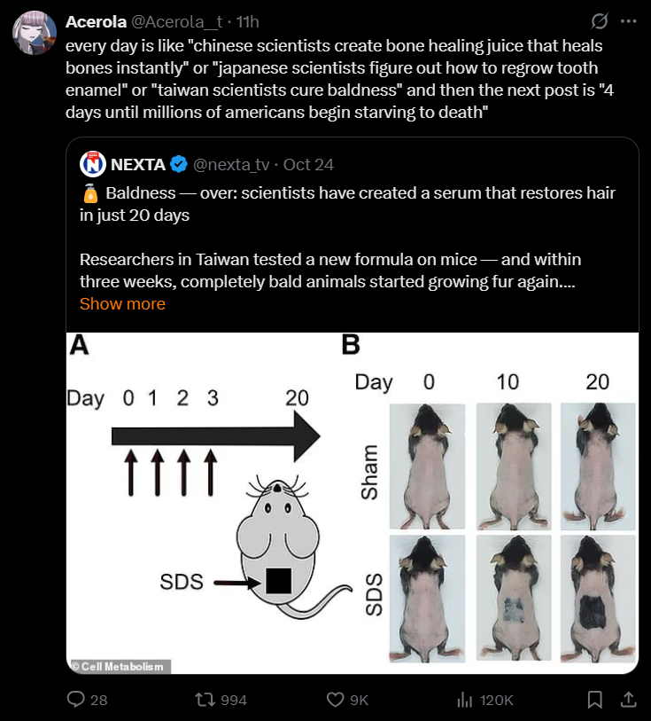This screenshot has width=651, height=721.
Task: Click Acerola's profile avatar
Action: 35,33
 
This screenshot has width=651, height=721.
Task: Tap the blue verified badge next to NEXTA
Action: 179,164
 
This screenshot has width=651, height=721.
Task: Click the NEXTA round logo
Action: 93,164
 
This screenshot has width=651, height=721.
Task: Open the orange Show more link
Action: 122,304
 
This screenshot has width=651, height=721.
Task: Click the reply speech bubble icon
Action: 76,700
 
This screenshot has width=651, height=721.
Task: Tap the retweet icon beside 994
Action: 205,700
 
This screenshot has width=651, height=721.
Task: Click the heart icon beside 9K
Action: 335,700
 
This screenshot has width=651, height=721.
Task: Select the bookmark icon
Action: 595,700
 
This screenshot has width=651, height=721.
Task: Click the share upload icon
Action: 629,700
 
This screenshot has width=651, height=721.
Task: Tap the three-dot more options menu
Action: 628,21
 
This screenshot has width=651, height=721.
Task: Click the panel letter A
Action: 79,345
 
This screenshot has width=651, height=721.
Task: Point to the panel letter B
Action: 351,345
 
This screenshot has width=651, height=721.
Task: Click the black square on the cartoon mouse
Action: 278,581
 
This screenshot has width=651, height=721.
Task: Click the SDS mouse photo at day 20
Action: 598,599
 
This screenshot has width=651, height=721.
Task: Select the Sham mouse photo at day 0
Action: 427,466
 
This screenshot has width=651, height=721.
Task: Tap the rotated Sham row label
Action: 369,472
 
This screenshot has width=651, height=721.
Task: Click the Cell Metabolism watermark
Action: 120,667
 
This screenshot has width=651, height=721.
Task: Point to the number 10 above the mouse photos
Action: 508,381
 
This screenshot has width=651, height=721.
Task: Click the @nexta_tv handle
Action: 231,165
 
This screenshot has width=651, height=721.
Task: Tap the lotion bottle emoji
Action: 90,193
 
